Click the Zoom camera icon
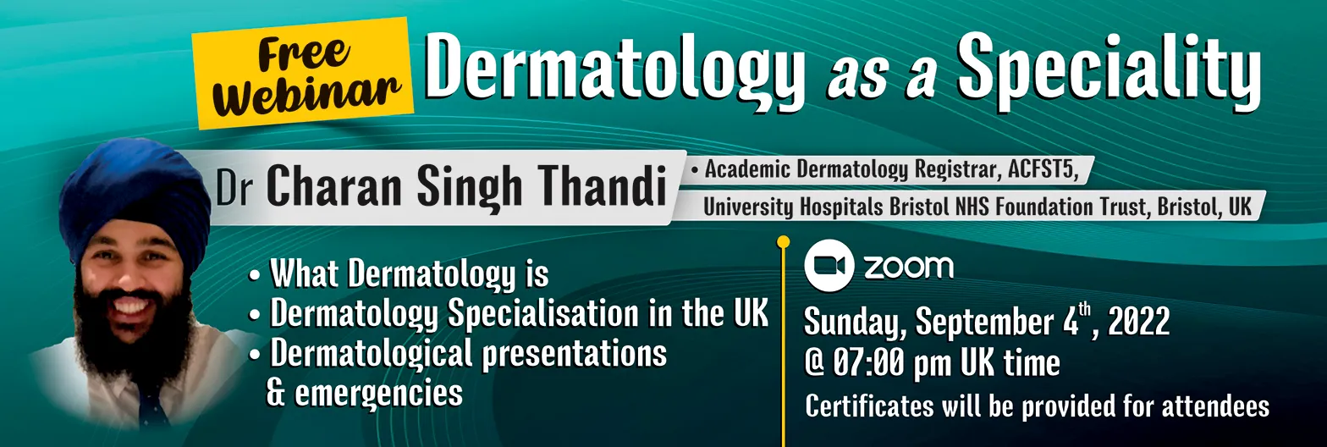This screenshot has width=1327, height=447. tap(829, 266)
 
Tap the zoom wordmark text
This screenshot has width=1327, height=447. tap(909, 268)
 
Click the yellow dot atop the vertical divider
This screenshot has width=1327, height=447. tap(783, 241)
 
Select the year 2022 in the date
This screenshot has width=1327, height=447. tap(1138, 322)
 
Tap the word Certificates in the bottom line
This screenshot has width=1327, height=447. tap(869, 406)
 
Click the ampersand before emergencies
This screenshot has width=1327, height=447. tap(276, 393)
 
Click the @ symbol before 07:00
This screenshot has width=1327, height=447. tap(815, 363)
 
